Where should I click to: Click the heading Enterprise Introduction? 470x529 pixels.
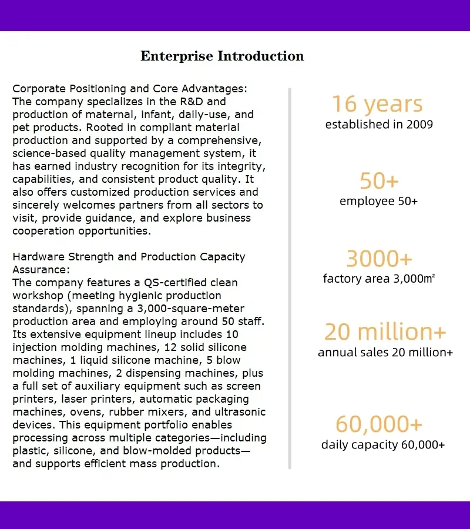tap(222, 56)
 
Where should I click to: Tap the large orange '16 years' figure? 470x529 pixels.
tap(377, 104)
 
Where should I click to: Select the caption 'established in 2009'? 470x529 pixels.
tap(379, 125)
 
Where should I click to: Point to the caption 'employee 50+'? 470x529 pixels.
tap(378, 201)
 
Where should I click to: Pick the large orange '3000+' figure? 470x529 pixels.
tap(379, 259)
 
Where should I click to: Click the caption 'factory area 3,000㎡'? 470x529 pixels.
tap(379, 279)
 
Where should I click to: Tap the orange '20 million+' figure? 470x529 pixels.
tap(385, 332)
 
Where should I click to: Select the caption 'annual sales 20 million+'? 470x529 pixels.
tap(385, 353)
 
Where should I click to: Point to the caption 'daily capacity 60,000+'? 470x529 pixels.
tap(383, 445)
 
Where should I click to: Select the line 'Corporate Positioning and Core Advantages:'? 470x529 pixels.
tap(130, 89)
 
